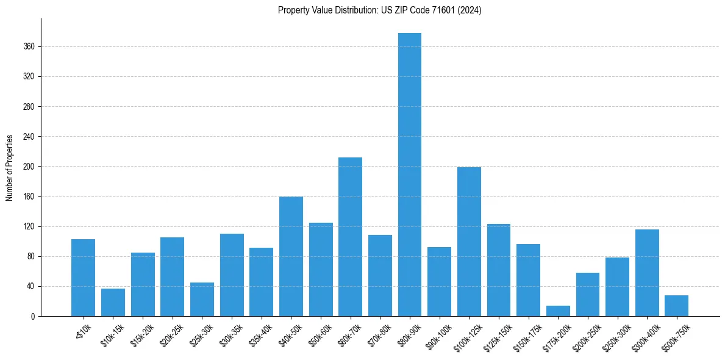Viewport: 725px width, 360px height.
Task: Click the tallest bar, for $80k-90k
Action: [410, 175]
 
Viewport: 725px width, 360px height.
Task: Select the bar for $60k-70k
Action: [350, 237]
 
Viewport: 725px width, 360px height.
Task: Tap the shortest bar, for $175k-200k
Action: [559, 311]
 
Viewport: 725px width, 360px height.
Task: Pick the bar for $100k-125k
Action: [470, 242]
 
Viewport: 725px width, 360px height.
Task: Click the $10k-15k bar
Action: [113, 303]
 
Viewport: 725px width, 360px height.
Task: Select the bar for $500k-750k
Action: [677, 306]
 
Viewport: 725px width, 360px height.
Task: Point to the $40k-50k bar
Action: [291, 256]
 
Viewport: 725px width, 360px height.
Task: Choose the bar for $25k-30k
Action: [202, 300]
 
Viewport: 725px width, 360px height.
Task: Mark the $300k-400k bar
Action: [647, 273]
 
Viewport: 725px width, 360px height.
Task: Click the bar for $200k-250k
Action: [588, 295]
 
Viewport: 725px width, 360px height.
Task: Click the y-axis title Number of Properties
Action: [10, 167]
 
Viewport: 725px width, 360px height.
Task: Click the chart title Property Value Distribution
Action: [379, 10]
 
